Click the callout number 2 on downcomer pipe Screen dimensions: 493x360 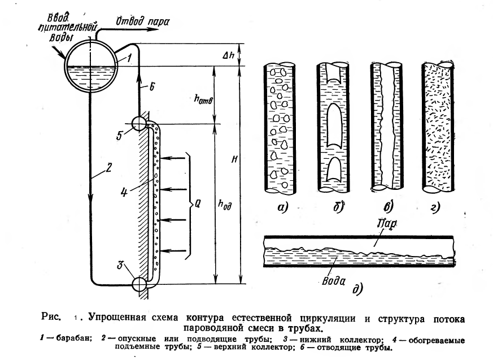point(108,167)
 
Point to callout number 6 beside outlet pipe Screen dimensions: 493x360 point(152,86)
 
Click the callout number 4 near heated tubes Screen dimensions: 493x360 point(124,192)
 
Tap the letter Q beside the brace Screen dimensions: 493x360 point(198,204)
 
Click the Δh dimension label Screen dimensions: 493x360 point(228,55)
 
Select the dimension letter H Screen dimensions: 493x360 point(234,159)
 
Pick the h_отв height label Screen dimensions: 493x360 point(203,99)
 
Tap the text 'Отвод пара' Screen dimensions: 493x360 point(143,21)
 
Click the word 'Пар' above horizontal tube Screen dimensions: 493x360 point(387,223)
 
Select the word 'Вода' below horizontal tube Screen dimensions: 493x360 point(334,281)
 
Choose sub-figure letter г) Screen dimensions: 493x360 point(436,207)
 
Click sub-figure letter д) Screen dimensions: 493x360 point(357,289)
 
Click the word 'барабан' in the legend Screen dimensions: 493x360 point(74,339)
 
